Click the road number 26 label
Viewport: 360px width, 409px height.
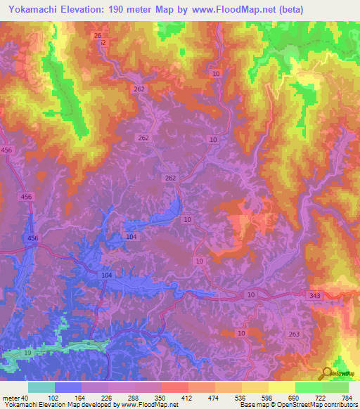point(98,35)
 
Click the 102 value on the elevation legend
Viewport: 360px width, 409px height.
point(53,398)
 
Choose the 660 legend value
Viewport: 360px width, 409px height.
point(296,398)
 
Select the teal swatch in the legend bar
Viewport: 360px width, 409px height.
point(41,387)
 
